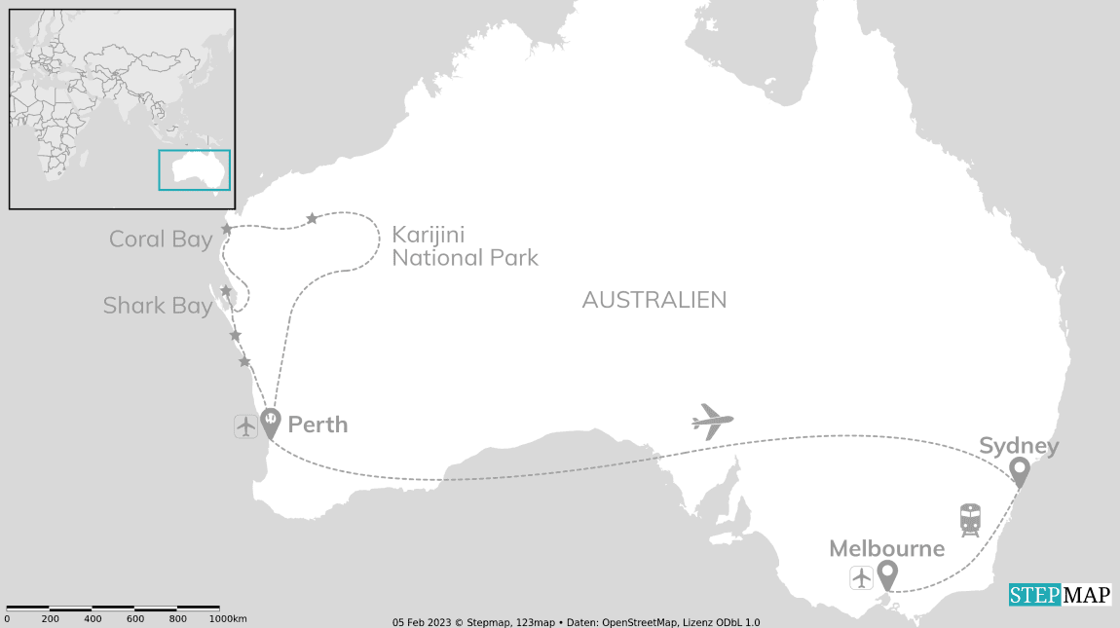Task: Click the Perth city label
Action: (x=317, y=425)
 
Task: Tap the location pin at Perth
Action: (x=270, y=422)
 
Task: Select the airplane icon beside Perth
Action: (x=245, y=425)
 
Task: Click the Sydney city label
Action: (x=1018, y=446)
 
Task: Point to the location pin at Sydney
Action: (x=1020, y=471)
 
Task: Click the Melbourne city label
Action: (x=886, y=548)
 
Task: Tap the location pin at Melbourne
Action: (x=886, y=574)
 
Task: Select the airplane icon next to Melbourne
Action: (x=861, y=577)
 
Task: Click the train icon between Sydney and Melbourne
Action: (x=970, y=520)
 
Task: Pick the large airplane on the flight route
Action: (x=712, y=422)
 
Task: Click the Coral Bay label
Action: (x=161, y=240)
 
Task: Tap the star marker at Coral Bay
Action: (x=227, y=229)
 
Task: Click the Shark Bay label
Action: (x=158, y=306)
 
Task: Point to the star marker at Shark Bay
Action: (x=226, y=291)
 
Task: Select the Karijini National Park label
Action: (x=465, y=246)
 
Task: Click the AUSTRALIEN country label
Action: (x=654, y=300)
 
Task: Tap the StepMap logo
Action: (x=1060, y=595)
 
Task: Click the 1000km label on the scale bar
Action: (x=228, y=619)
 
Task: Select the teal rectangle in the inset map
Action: (x=195, y=169)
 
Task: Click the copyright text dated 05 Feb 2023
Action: (x=576, y=622)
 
